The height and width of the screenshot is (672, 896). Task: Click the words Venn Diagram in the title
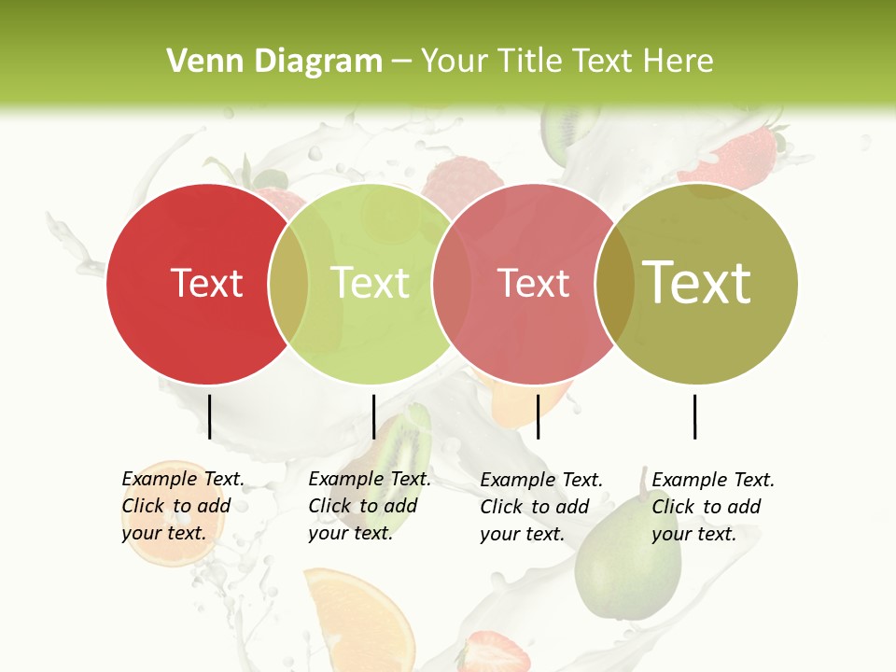coord(274,62)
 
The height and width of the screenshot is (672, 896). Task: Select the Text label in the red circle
coord(207,283)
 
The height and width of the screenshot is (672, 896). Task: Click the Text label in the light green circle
coord(371,283)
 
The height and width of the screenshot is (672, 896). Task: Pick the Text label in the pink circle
coord(534,283)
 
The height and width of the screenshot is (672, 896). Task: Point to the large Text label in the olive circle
coord(697,283)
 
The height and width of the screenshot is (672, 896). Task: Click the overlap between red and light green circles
coord(288,283)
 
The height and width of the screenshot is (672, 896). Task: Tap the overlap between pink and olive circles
coord(614,283)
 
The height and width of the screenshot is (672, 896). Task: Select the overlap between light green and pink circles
coord(452,283)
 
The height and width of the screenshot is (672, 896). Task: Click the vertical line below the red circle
coord(209,416)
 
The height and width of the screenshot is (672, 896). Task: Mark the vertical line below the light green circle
coord(373,416)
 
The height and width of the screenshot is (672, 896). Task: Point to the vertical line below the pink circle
coord(538,416)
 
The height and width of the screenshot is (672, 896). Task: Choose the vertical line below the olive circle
coord(694,416)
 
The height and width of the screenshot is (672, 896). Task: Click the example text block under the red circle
coord(182,506)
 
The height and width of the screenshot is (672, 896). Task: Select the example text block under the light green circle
coord(369,506)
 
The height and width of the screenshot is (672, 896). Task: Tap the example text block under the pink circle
coord(540,507)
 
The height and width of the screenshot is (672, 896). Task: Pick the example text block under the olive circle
coord(712,507)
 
